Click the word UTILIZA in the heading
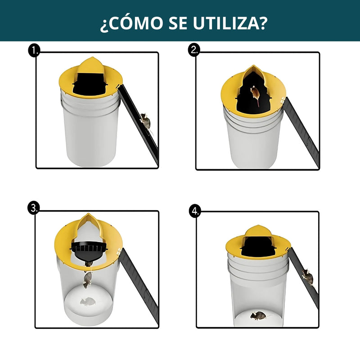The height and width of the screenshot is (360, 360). tap(223, 23)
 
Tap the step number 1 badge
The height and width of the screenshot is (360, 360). tap(34, 51)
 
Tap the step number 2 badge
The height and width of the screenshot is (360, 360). tap(194, 50)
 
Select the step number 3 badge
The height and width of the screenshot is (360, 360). tap(33, 207)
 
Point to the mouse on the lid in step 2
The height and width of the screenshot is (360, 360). tap(255, 94)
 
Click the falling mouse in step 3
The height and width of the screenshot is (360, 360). tap(87, 279)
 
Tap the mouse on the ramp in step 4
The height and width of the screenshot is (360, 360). tap(308, 275)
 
